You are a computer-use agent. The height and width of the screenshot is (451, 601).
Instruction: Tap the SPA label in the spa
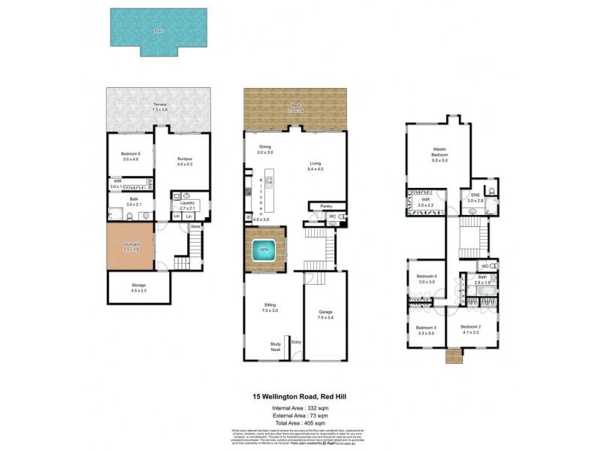pos(263,249)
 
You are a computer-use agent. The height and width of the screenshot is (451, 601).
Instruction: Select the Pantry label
pos(326,205)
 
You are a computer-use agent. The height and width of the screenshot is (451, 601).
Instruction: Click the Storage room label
pos(139,285)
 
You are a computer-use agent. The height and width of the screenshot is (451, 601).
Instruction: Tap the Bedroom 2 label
pos(470,327)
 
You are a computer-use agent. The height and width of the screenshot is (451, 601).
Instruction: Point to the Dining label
pos(264,147)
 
